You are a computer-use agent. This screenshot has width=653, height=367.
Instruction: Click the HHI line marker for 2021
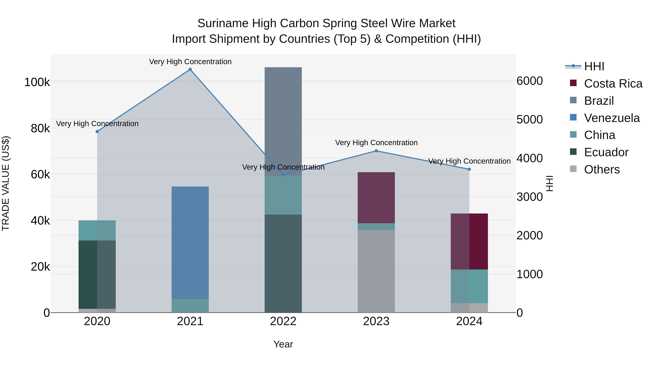click(x=190, y=69)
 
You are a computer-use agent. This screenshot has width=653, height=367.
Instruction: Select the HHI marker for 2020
click(x=97, y=131)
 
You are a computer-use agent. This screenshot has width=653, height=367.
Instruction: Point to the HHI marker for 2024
click(x=469, y=169)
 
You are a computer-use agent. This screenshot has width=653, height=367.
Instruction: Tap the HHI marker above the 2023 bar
click(x=376, y=151)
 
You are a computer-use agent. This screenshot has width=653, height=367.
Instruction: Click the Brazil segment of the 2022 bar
click(x=283, y=122)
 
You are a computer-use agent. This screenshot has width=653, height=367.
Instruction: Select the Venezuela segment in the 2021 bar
click(x=190, y=243)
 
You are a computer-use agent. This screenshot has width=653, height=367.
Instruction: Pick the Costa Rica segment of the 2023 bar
click(x=376, y=198)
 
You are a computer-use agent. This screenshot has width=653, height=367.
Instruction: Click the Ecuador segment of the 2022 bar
click(x=283, y=263)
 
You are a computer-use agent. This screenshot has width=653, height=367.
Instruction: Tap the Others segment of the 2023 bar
click(x=376, y=271)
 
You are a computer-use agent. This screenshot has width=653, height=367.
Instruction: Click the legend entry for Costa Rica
click(x=613, y=84)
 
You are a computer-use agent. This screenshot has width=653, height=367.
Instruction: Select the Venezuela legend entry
click(x=612, y=118)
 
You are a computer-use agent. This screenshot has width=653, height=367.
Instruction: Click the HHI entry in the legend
click(x=594, y=66)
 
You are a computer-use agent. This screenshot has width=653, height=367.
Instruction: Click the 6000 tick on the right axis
click(x=529, y=81)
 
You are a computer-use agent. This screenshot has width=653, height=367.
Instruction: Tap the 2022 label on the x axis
click(x=283, y=321)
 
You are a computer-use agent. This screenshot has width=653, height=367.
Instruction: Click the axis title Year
click(x=283, y=344)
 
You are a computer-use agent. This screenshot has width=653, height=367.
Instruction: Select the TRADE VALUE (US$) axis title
click(x=6, y=183)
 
